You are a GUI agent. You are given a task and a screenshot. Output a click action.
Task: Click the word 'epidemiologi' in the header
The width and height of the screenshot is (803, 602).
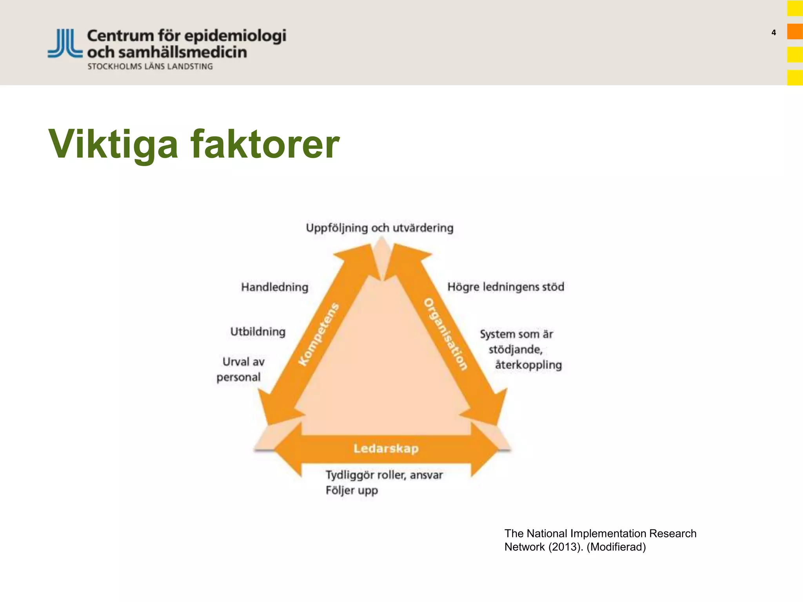click(235, 36)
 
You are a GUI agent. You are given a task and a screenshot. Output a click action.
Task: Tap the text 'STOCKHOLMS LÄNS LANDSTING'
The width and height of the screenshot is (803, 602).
click(150, 67)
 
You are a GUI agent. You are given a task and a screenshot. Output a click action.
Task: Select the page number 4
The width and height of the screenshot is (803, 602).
click(774, 33)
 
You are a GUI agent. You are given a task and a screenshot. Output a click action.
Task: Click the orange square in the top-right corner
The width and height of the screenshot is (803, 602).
click(795, 32)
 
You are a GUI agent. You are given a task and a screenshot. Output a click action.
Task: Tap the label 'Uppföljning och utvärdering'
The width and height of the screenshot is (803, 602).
click(380, 228)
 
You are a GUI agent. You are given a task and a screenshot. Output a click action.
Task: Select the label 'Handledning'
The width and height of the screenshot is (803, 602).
click(274, 287)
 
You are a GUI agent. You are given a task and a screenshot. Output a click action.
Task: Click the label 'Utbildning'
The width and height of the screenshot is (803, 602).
click(258, 332)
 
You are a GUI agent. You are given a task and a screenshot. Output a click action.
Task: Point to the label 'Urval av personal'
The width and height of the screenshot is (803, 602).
click(240, 369)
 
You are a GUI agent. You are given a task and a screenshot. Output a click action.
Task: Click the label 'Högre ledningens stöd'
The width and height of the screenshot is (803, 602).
click(506, 286)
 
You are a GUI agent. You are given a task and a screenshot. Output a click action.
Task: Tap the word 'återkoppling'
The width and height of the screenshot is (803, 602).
click(528, 365)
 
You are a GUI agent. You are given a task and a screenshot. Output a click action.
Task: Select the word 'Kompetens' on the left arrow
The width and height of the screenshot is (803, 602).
click(318, 334)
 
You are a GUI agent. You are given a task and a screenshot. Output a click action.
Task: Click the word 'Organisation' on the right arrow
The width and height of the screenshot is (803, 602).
click(446, 334)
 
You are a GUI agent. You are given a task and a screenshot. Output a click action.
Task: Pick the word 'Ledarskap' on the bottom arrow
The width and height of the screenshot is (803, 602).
click(386, 448)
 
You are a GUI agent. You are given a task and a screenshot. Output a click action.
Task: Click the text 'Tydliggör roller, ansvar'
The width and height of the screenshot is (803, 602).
click(384, 475)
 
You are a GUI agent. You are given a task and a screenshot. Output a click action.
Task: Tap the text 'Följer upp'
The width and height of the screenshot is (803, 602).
click(352, 490)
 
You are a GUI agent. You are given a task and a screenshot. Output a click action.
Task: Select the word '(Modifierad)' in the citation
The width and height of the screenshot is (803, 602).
click(616, 547)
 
